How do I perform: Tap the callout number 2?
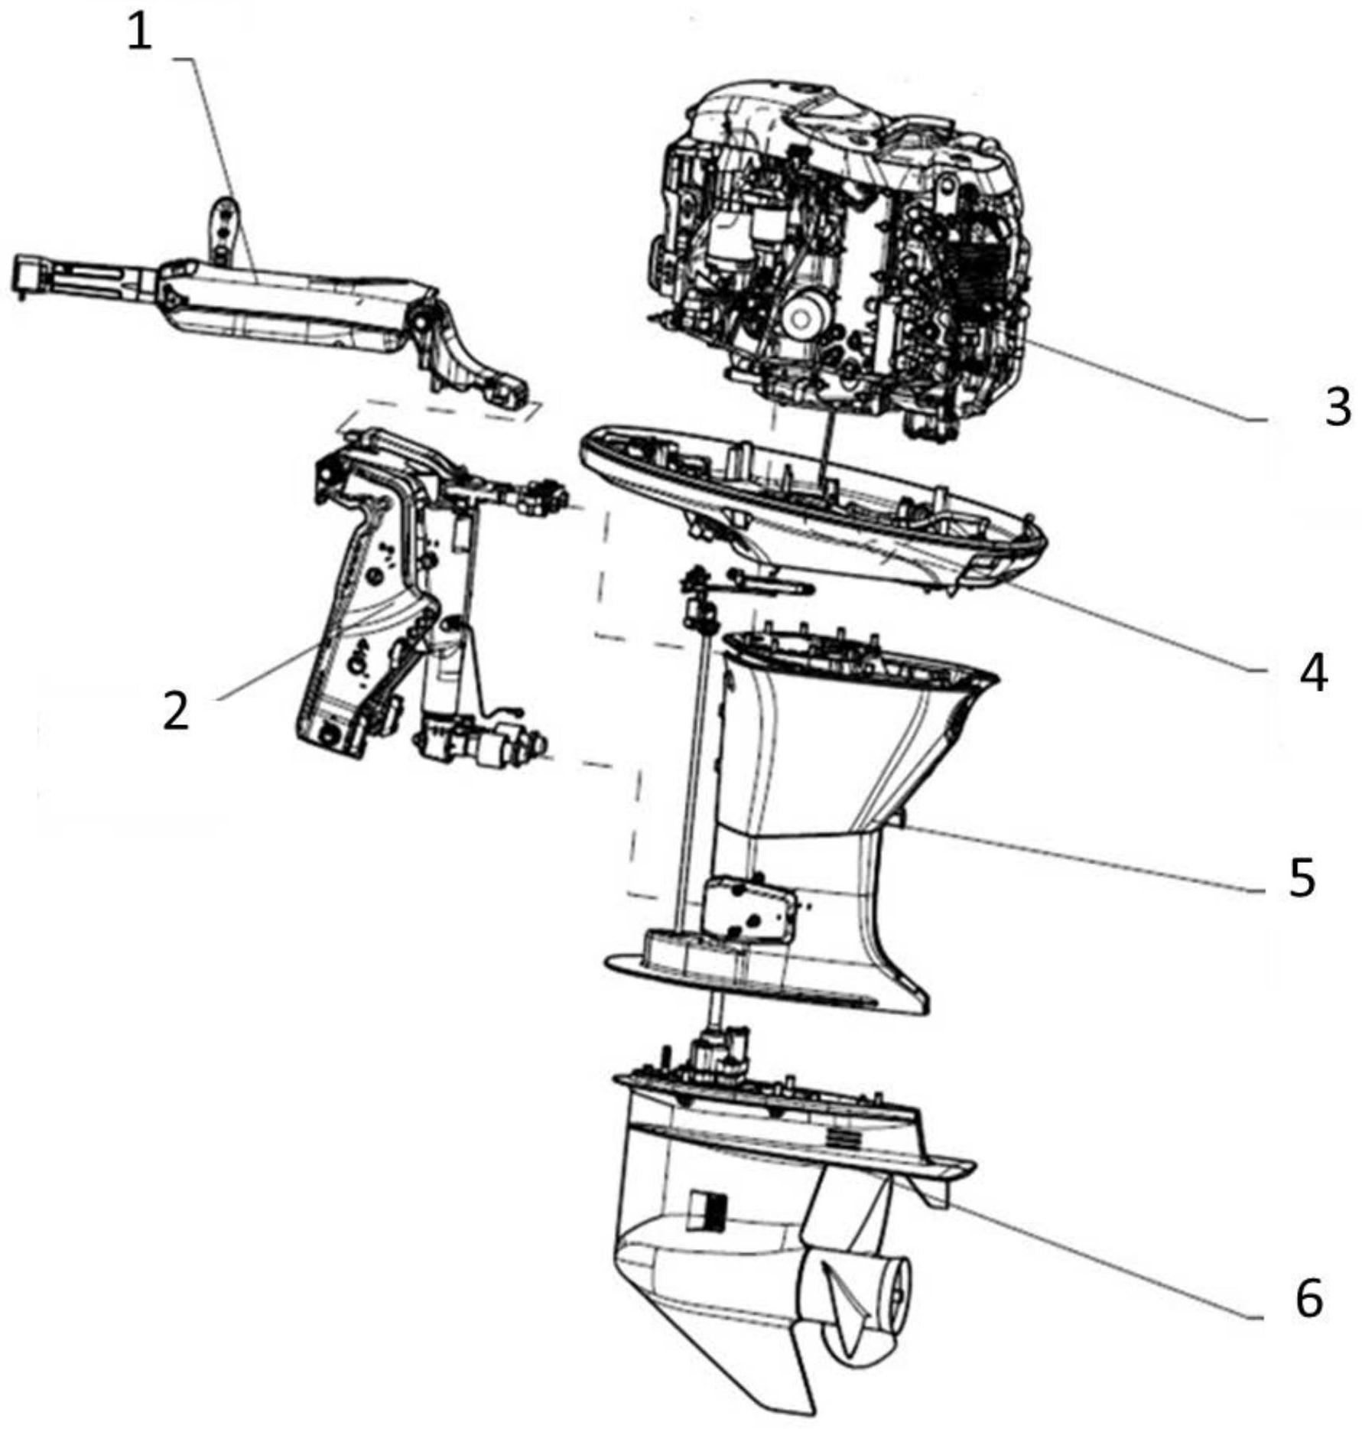[175, 711]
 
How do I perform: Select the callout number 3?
[1337, 407]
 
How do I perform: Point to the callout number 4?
[1313, 673]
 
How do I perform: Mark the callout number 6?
[1308, 1298]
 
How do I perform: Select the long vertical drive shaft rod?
[697, 765]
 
